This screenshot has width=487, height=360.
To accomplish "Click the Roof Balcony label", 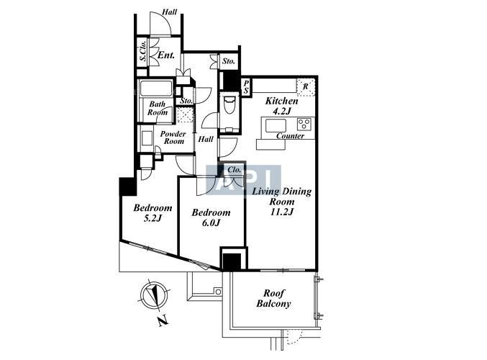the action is tap(273, 298).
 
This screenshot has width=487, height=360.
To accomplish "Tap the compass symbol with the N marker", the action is tap(154, 294).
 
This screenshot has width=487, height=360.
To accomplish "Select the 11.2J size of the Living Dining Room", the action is tap(282, 212).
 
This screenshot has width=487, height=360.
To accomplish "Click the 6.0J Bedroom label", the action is tap(211, 217).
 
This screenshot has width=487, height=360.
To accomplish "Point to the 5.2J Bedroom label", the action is tap(153, 212).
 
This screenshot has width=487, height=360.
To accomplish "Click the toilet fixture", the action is tap(229, 105).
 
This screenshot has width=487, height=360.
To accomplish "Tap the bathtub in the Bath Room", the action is tap(156, 88).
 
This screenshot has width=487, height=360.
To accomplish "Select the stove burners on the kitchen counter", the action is tap(304, 125).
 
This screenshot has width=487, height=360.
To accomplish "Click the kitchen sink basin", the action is tap(276, 125).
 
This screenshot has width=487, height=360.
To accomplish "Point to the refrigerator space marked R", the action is tap(306, 86).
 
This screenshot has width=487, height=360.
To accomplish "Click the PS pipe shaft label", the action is tap(246, 86).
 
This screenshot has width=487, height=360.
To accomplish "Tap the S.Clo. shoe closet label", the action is tap(143, 51).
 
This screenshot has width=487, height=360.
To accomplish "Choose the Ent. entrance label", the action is tap(166, 55).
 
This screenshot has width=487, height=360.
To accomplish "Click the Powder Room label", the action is tap(173, 138).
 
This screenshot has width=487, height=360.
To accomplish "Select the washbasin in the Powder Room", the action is tap(147, 138).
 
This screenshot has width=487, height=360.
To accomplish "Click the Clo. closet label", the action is tap(235, 170).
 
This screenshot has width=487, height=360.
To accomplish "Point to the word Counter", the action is tap(290, 136).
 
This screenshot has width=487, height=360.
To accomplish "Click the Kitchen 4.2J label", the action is tap(281, 106).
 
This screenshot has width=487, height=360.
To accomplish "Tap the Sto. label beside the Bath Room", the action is tap(186, 101).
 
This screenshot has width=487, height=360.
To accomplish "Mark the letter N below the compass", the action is tap(163, 321).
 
